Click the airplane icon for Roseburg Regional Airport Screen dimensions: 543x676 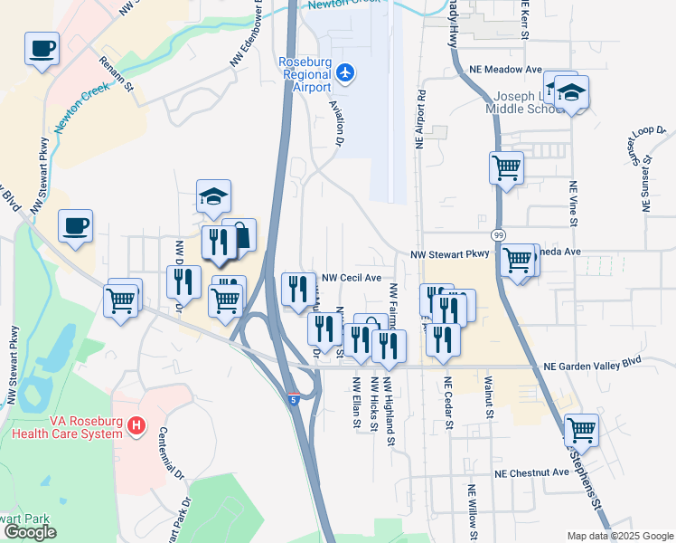coord(344,72)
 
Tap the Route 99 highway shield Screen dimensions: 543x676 coord(498,234)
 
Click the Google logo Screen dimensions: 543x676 coord(30,532)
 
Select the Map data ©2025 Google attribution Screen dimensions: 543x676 coord(619,536)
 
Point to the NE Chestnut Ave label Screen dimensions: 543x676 coord(531,472)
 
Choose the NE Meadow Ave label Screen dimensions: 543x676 coord(505,69)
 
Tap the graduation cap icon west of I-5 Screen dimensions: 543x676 coord(213,196)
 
